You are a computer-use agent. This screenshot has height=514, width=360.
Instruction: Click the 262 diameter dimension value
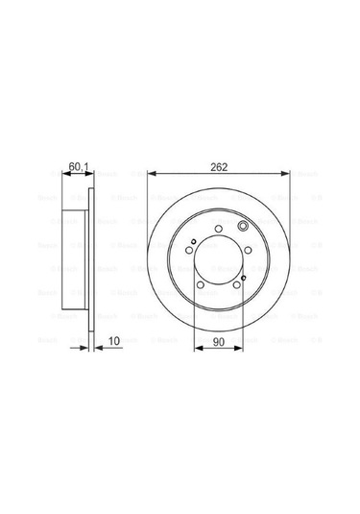coord(219,165)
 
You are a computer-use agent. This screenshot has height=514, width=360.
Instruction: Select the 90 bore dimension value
coord(219,341)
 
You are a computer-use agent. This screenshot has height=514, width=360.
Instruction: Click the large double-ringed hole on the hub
coord(242,227)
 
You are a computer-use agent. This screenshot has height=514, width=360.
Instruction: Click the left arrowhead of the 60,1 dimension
coord(65,174)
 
